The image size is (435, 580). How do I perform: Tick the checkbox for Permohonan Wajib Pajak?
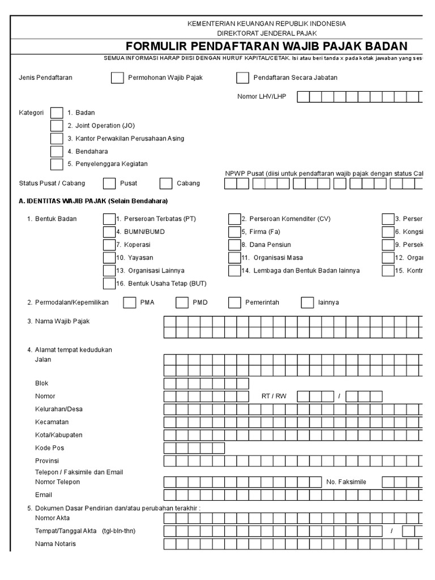[x=117, y=78]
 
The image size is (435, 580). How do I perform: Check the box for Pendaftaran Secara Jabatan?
[x=242, y=78]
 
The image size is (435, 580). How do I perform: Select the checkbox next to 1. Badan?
[x=57, y=113]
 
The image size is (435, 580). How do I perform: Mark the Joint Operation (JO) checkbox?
[x=57, y=126]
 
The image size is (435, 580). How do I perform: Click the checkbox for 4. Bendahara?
[x=57, y=151]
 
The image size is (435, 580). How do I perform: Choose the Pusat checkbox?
[x=109, y=184]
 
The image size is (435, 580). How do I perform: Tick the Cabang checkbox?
[x=166, y=184]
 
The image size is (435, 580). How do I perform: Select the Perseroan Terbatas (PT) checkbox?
[x=109, y=219]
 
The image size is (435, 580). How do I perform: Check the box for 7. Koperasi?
[x=109, y=245]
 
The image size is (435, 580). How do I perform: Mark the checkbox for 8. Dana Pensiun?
[x=234, y=245]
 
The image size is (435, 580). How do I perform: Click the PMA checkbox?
[x=129, y=302]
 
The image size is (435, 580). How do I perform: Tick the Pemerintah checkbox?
[x=234, y=302]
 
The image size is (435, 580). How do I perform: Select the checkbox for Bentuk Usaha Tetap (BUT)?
[x=109, y=283]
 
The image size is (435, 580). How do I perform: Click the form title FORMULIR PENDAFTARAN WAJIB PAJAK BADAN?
[x=266, y=46]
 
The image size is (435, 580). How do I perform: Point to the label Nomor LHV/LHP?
[x=262, y=96]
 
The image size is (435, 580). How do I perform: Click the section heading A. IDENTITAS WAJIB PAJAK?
[x=93, y=201]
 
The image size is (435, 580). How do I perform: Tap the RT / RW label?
[x=274, y=396]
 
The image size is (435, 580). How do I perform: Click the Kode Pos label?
[x=49, y=448]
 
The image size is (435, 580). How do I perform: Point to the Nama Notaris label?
[x=56, y=544]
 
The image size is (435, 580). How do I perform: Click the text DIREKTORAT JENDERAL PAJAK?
[x=266, y=33]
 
